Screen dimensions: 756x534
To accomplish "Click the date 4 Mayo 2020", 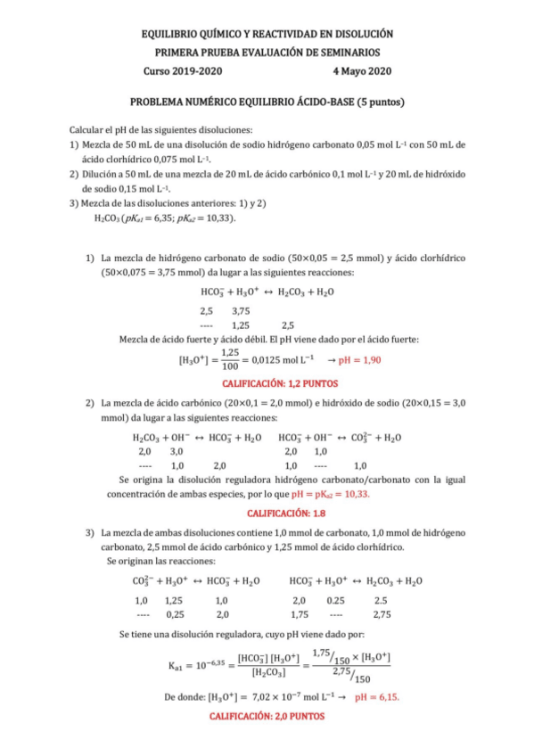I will (361, 71).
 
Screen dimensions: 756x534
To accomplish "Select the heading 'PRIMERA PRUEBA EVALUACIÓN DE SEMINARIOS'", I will (267, 53).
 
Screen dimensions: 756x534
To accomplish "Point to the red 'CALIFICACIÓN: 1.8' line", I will (267, 514).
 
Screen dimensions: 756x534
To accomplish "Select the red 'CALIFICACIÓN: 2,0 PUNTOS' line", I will (267, 716).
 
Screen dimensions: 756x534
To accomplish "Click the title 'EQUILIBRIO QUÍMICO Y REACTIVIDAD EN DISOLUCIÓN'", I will (267, 33).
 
